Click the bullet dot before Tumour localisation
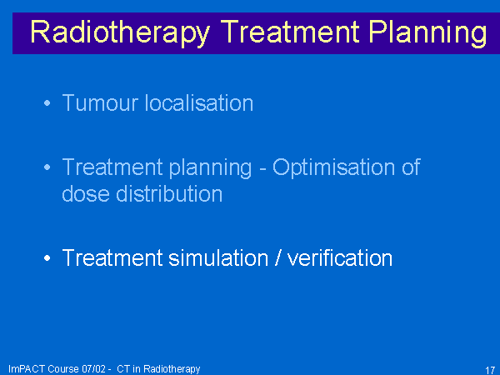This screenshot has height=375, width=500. click(47, 103)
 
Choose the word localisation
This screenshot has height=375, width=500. click(199, 103)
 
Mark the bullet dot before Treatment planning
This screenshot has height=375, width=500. click(47, 167)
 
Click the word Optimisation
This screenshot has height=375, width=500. click(333, 167)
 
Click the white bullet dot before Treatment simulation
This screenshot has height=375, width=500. click(47, 257)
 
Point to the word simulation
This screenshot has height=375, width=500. click(218, 257)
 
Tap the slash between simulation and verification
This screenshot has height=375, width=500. click(277, 257)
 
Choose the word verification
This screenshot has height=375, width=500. click(340, 257)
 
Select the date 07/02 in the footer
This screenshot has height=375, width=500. click(93, 369)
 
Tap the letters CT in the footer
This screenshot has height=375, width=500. click(123, 369)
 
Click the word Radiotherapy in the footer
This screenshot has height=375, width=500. click(172, 369)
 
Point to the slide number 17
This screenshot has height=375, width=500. click(490, 370)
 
